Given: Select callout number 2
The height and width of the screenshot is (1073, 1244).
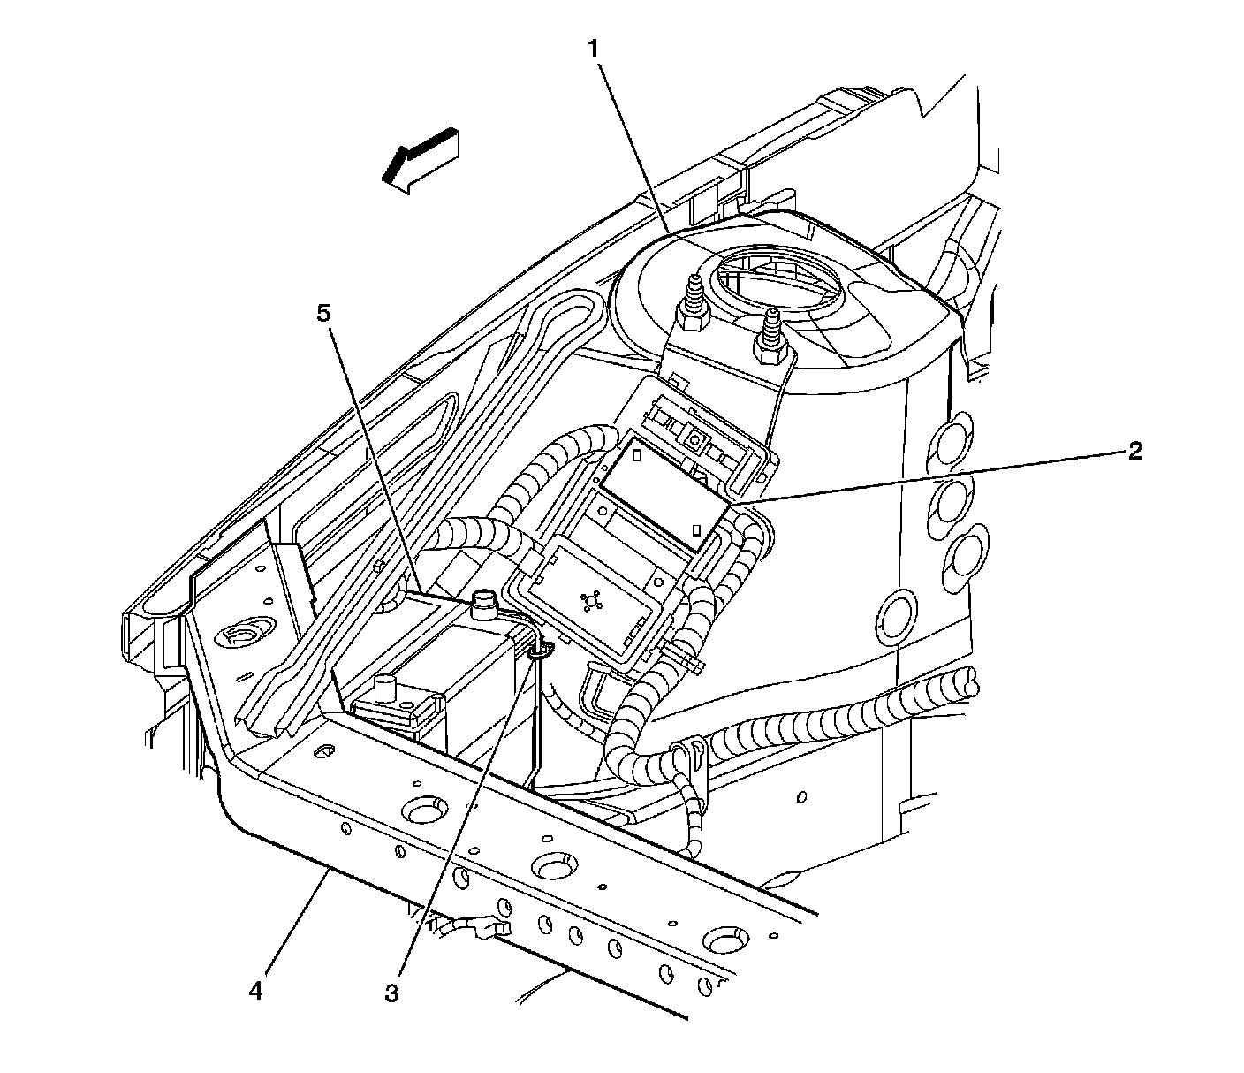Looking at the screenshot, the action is (1134, 452).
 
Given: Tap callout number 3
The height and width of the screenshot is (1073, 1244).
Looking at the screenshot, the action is (391, 993).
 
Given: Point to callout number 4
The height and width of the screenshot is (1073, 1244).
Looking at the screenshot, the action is (255, 992).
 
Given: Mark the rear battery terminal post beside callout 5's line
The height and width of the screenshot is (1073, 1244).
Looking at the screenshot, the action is (484, 605).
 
